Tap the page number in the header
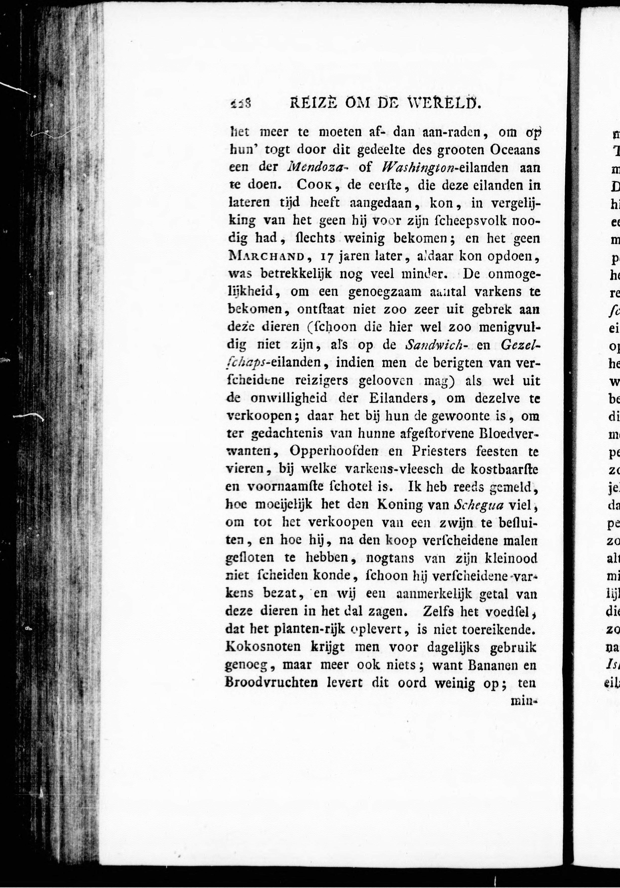[x=240, y=104]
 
